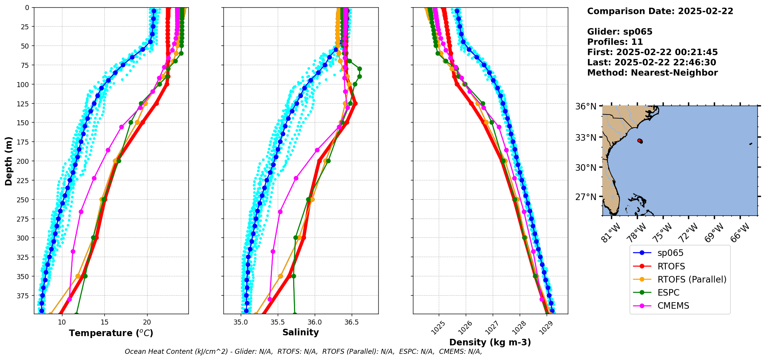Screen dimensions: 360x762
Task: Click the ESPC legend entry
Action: pyautogui.click(x=668, y=293)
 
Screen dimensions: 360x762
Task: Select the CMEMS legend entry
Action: pyautogui.click(x=673, y=306)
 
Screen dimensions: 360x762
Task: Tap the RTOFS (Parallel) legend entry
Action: pyautogui.click(x=692, y=279)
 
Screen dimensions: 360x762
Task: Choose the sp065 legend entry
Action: pyautogui.click(x=670, y=253)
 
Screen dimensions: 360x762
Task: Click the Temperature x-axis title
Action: pyautogui.click(x=111, y=333)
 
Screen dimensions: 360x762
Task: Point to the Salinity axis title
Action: pyautogui.click(x=300, y=333)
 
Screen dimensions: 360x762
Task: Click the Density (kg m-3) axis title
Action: pyautogui.click(x=490, y=342)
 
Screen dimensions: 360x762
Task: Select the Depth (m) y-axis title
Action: pyautogui.click(x=8, y=161)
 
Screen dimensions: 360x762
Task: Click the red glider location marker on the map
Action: pyautogui.click(x=640, y=141)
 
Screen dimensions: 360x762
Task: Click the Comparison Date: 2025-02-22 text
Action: pyautogui.click(x=660, y=11)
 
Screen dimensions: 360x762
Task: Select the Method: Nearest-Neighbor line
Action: pyautogui.click(x=652, y=73)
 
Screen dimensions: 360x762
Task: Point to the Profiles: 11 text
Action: pyautogui.click(x=615, y=42)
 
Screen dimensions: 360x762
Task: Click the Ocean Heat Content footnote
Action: pyautogui.click(x=303, y=352)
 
